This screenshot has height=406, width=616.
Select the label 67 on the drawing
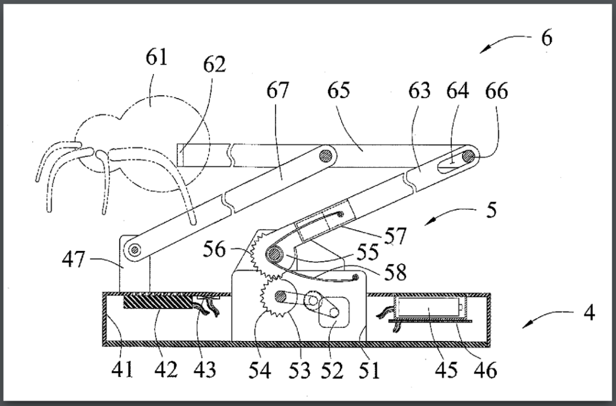[x=277, y=91]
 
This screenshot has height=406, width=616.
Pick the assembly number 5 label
[x=493, y=212]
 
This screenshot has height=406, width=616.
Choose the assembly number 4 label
[x=590, y=313]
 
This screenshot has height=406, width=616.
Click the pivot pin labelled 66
[x=469, y=158]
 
